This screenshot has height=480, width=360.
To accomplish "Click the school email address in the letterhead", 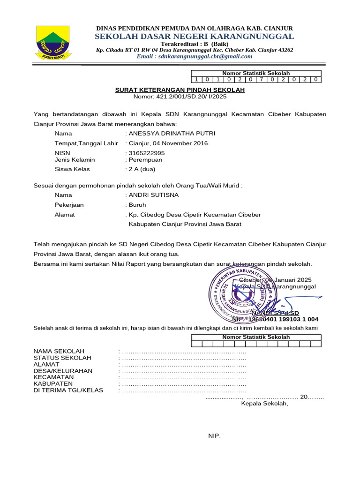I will pos(195,56).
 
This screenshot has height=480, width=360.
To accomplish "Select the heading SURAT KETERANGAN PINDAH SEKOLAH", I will pos(180,90).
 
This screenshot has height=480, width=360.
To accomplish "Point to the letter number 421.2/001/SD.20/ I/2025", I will pos(180,97).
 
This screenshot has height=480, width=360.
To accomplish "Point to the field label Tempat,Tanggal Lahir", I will pos(86,143).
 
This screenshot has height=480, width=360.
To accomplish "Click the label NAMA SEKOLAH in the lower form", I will pos(59,351).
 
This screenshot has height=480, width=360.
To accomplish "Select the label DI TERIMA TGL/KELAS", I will pos(68,390).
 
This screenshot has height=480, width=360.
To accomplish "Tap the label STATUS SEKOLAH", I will pos(62,358).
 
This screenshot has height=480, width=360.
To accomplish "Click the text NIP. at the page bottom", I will pos(214,436).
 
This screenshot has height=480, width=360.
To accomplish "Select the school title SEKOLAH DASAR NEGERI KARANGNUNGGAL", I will pos(195,37).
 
